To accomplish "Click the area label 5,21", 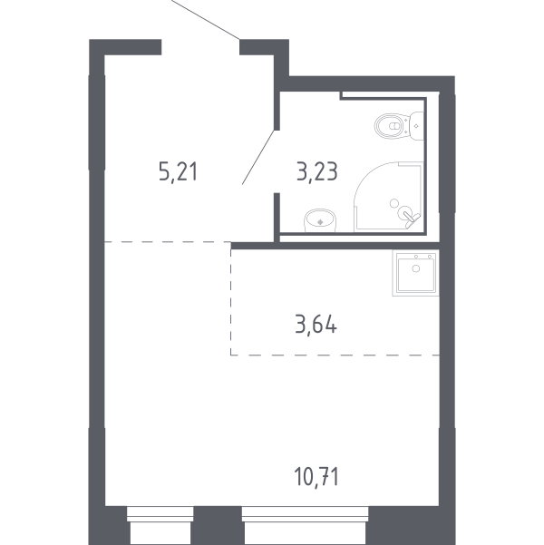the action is (x=178, y=172).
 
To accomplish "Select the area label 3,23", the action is (x=317, y=171).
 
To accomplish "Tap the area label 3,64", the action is (x=316, y=325).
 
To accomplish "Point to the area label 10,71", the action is (x=316, y=476).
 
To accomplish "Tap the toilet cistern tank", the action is (x=417, y=126).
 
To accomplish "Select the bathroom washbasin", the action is (x=320, y=220).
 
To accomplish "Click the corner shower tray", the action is (x=388, y=197).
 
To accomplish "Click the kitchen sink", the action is (x=416, y=273).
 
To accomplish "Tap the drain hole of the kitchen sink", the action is (x=416, y=268).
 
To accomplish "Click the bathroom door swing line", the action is (x=259, y=157).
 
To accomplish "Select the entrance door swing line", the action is (x=206, y=19).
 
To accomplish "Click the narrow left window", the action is (x=160, y=526).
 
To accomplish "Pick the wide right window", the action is (x=305, y=526).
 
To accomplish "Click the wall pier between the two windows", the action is (x=218, y=526).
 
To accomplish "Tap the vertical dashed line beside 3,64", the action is (x=231, y=298).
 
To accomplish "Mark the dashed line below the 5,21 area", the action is (x=168, y=241).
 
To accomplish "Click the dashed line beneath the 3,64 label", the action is (x=335, y=355).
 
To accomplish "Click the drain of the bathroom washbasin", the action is (x=320, y=222).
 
